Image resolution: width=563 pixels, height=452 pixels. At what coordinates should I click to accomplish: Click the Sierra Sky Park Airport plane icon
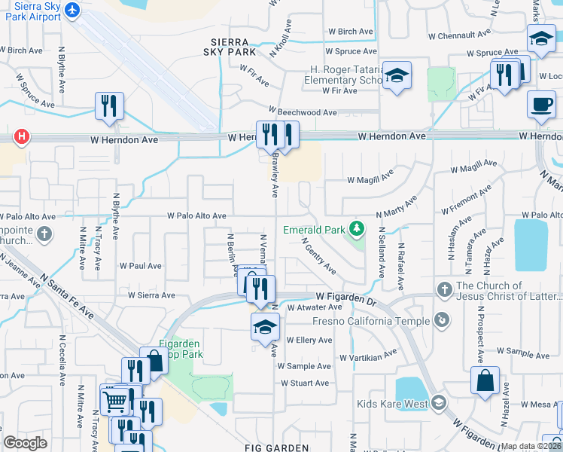72,10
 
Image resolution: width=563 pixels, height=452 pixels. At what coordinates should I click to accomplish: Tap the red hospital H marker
23,136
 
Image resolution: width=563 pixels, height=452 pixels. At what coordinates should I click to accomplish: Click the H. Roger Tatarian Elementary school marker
397,76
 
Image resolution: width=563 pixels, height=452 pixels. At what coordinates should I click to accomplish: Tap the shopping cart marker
114,399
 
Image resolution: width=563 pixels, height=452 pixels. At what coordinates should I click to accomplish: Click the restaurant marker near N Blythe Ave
109,106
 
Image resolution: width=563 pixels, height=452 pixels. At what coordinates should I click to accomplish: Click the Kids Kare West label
392,404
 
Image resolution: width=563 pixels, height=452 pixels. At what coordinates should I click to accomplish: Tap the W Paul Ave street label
141,266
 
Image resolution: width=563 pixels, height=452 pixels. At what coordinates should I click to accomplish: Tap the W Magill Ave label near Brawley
370,179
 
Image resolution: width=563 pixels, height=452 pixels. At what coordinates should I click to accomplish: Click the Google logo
25,443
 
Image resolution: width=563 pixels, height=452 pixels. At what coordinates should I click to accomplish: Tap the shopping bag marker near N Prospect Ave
485,380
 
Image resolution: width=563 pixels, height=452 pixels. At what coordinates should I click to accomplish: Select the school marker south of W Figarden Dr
265,327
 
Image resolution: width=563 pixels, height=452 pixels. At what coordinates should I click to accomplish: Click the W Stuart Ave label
303,383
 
